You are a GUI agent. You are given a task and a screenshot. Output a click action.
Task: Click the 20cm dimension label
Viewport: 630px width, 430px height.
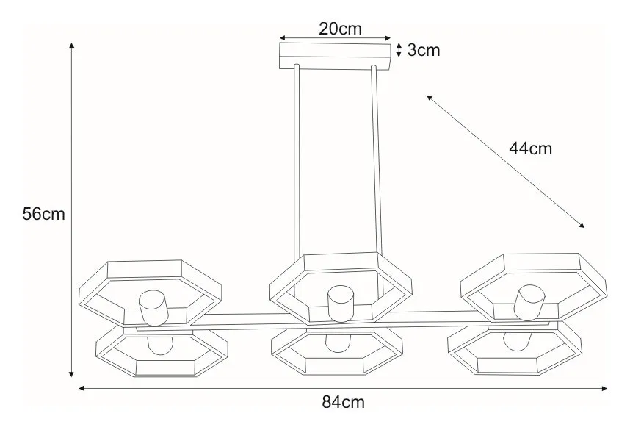pos(340,29)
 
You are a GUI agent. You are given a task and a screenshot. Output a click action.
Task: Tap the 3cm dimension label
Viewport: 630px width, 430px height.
pos(424,50)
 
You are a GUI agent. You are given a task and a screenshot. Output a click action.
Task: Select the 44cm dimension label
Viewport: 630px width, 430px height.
pos(530,148)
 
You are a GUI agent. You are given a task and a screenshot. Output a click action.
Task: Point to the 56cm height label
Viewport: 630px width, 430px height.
pos(43,214)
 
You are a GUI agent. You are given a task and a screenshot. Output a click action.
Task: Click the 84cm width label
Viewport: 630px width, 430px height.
pos(343,402)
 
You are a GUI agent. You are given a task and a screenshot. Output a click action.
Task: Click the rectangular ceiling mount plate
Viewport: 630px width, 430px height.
pos(335,56)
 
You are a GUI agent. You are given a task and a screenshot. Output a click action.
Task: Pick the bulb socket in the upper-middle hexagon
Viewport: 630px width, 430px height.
pos(341,304)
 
